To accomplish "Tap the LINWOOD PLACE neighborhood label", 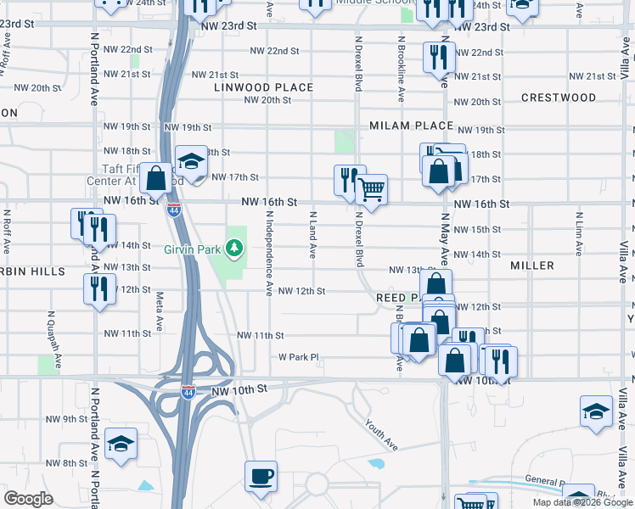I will [x=264, y=87].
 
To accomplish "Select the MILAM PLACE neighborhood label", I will [x=412, y=126].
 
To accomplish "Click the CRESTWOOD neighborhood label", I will [x=559, y=98].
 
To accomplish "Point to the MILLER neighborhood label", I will [x=532, y=266].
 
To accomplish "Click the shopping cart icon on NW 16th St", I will [x=370, y=189].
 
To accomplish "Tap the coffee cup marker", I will [x=261, y=475].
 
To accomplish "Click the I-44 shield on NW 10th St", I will [x=188, y=391].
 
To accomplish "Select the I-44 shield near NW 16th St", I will [x=173, y=210].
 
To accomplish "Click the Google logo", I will [x=29, y=499].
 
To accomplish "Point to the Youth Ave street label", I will [x=381, y=434].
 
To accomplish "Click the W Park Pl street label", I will [x=298, y=357].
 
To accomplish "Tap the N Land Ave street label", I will [x=312, y=235].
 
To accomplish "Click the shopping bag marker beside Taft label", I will [x=156, y=178].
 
